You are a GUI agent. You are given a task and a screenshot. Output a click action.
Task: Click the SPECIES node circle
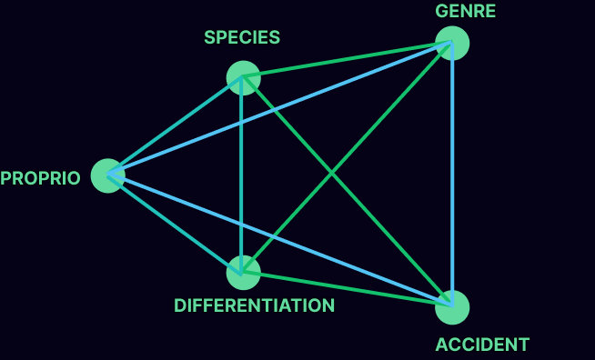pyautogui.click(x=243, y=77)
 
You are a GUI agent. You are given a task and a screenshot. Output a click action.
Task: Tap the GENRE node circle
pyautogui.click(x=452, y=44)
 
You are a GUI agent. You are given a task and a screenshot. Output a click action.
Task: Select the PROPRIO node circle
pyautogui.click(x=108, y=175)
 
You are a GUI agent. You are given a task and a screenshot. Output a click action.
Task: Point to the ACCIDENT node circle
pyautogui.click(x=452, y=307)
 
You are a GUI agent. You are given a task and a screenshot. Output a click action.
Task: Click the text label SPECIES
pyautogui.click(x=242, y=38)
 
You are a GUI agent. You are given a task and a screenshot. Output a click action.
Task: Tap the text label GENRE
pyautogui.click(x=466, y=12)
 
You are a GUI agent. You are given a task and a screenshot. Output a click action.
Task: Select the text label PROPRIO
pyautogui.click(x=40, y=178)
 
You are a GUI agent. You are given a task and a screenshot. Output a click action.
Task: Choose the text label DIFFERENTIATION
pyautogui.click(x=255, y=305)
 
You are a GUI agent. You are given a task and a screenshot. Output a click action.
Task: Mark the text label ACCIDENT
pyautogui.click(x=482, y=345)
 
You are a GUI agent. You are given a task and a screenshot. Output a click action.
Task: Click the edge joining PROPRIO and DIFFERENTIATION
pyautogui.click(x=173, y=222)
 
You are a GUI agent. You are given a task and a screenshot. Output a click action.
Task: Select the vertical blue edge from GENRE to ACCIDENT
pyautogui.click(x=452, y=173)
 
